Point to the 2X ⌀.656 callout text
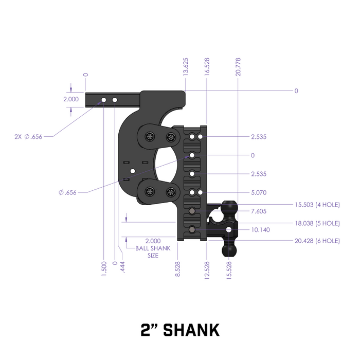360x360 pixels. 29,137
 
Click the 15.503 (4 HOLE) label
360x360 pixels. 317,205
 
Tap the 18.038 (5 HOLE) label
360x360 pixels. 317,223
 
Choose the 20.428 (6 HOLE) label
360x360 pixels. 317,240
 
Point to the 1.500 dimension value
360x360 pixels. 104,268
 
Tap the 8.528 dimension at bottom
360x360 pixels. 177,268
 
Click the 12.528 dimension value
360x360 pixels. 207,268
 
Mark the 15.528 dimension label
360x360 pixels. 230,268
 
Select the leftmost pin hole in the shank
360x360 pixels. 104,99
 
